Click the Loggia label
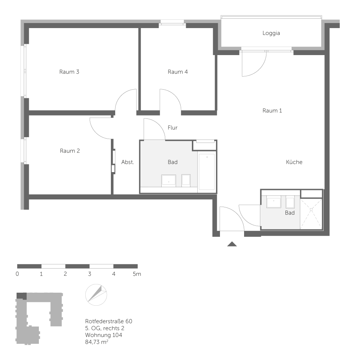pos(271,33)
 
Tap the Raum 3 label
pos(69,72)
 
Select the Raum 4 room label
pos(178,72)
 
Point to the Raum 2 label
pos(70,151)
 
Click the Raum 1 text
pos(272,111)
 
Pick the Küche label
pos(294,162)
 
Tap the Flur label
pos(172,127)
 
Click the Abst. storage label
pos(127,162)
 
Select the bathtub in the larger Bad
pos(207,172)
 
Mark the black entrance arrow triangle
pos(232,244)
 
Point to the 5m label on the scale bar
pos(137,274)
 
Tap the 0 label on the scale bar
pos(17,274)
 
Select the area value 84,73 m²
pos(97,342)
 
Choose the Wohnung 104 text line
pos(104,335)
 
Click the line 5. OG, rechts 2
pos(105,328)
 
